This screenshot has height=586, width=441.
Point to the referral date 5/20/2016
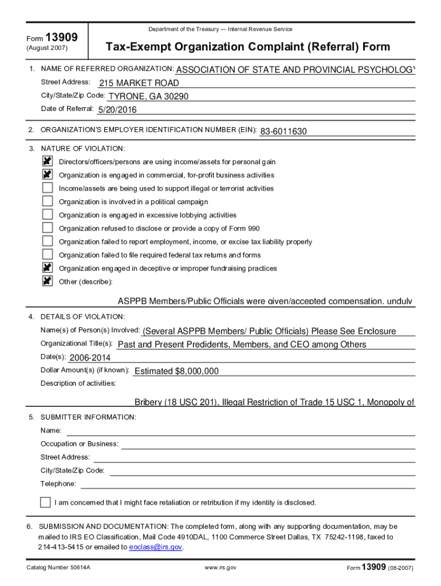(x=117, y=110)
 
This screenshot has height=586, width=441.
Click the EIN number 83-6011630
(x=283, y=132)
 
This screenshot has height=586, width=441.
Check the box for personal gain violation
(x=48, y=162)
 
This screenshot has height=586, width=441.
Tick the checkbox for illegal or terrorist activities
(x=48, y=188)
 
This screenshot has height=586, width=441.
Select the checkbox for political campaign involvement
(x=48, y=201)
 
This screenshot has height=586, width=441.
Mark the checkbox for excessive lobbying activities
(x=48, y=215)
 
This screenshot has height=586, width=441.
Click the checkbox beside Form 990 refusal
(x=48, y=228)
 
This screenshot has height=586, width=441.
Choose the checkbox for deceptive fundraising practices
(x=48, y=268)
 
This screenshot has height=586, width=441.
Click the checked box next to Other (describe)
(x=48, y=282)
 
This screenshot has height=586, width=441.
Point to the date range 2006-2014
(x=89, y=358)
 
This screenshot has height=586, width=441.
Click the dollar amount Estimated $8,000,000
(x=176, y=371)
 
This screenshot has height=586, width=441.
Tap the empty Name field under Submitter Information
(x=241, y=430)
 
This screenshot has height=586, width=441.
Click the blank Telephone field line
(x=246, y=484)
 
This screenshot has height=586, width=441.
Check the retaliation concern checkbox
(x=45, y=502)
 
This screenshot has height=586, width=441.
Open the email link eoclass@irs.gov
(x=156, y=547)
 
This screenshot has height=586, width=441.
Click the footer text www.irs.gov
(x=220, y=568)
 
